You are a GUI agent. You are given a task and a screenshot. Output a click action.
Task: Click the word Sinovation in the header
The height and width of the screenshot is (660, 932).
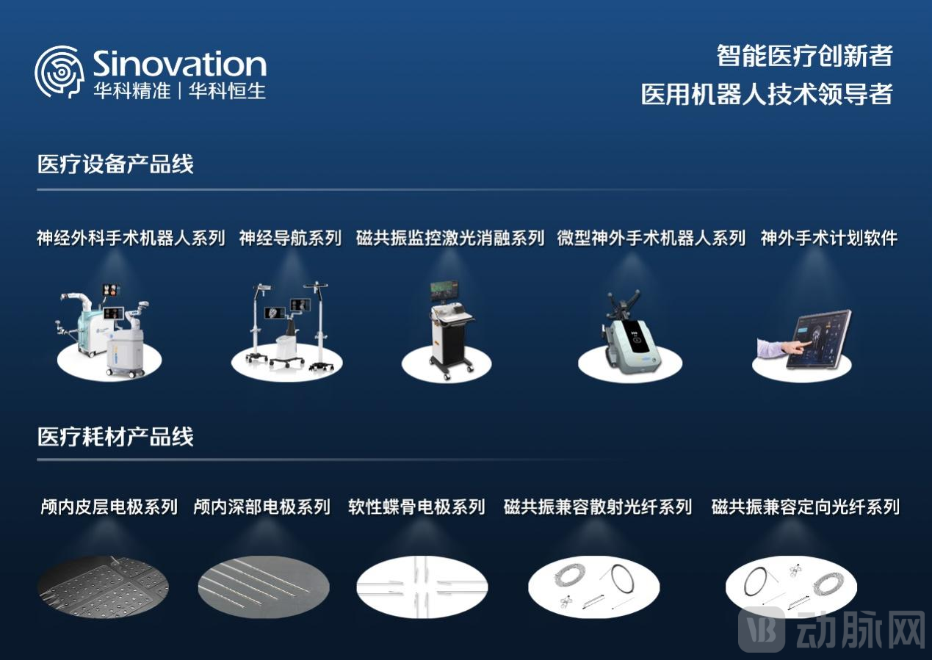[179, 65]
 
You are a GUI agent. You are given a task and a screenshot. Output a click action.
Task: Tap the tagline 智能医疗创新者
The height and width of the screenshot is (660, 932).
[804, 56]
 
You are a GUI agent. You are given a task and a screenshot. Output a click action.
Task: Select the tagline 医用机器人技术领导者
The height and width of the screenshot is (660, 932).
[766, 94]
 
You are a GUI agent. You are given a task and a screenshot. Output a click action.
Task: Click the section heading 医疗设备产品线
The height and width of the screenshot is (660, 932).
[115, 164]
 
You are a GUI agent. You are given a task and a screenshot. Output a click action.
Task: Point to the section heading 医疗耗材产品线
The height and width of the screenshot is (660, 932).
[115, 437]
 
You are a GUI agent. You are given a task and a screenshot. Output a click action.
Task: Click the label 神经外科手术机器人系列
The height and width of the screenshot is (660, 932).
[131, 238]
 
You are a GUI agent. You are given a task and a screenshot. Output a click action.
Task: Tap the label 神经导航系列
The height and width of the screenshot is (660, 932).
[290, 238]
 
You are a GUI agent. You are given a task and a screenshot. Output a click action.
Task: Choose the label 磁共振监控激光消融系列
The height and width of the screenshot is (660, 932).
[449, 238]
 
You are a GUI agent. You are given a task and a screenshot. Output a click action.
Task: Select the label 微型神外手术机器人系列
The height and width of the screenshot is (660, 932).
[651, 238]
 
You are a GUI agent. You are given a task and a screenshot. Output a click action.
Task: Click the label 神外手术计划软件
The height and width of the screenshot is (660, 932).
[828, 238]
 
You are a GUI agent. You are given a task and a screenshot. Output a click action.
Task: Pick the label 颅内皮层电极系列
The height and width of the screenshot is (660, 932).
[109, 507]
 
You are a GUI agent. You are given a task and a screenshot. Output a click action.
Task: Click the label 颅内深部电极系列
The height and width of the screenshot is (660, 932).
[261, 507]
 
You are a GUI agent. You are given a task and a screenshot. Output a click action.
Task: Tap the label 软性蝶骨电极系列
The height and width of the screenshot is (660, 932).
[416, 507]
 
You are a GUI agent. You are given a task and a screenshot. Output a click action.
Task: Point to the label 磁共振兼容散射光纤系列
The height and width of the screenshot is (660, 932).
[597, 507]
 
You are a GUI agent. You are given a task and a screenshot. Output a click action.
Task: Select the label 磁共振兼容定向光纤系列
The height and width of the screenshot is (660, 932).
[805, 507]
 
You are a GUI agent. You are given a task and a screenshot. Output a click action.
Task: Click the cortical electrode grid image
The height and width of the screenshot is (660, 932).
[103, 587]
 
